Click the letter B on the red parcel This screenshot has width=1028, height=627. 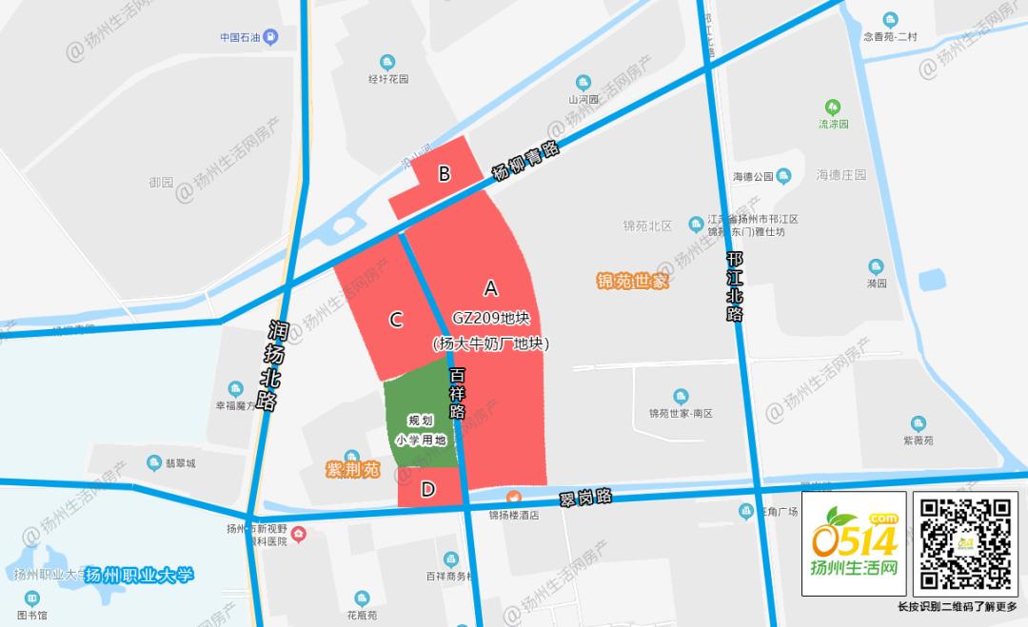pyautogui.click(x=444, y=173)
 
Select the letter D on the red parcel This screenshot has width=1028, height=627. pyautogui.click(x=428, y=489)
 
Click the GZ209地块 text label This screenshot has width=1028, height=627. pyautogui.click(x=490, y=316)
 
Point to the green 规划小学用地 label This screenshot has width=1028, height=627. pyautogui.click(x=420, y=429)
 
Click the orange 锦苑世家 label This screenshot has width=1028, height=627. pyautogui.click(x=633, y=281)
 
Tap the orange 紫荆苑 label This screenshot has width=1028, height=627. pyautogui.click(x=353, y=470)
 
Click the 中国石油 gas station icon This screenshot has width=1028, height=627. pyautogui.click(x=271, y=37)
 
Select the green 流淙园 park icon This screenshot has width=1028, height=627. pyautogui.click(x=833, y=107)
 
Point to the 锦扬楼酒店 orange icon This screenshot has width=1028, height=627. pyautogui.click(x=514, y=497)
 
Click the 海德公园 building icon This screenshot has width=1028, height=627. pyautogui.click(x=783, y=175)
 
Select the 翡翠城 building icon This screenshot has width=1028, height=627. pyautogui.click(x=154, y=462)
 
